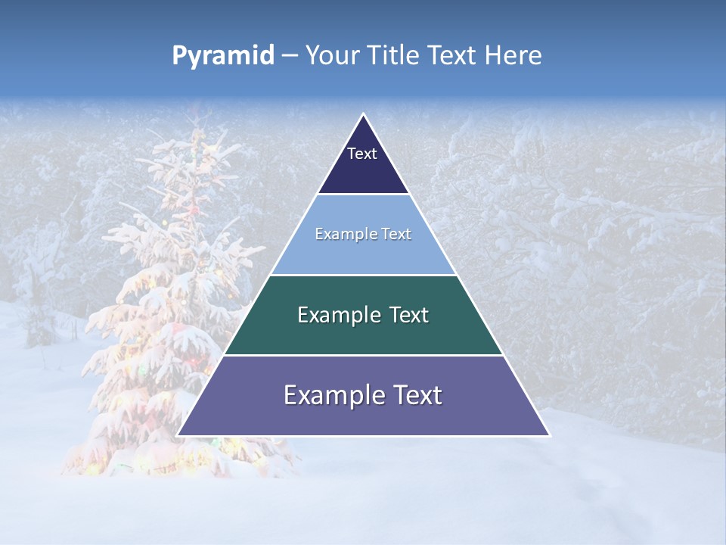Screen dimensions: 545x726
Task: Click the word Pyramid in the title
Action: point(222,56)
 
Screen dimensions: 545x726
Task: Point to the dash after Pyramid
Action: point(289,56)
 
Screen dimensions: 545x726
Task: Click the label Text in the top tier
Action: point(362,154)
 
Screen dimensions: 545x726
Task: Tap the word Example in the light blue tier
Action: point(343,234)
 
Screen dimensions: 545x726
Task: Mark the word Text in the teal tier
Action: point(410,315)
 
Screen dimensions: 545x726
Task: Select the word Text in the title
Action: point(453,56)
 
